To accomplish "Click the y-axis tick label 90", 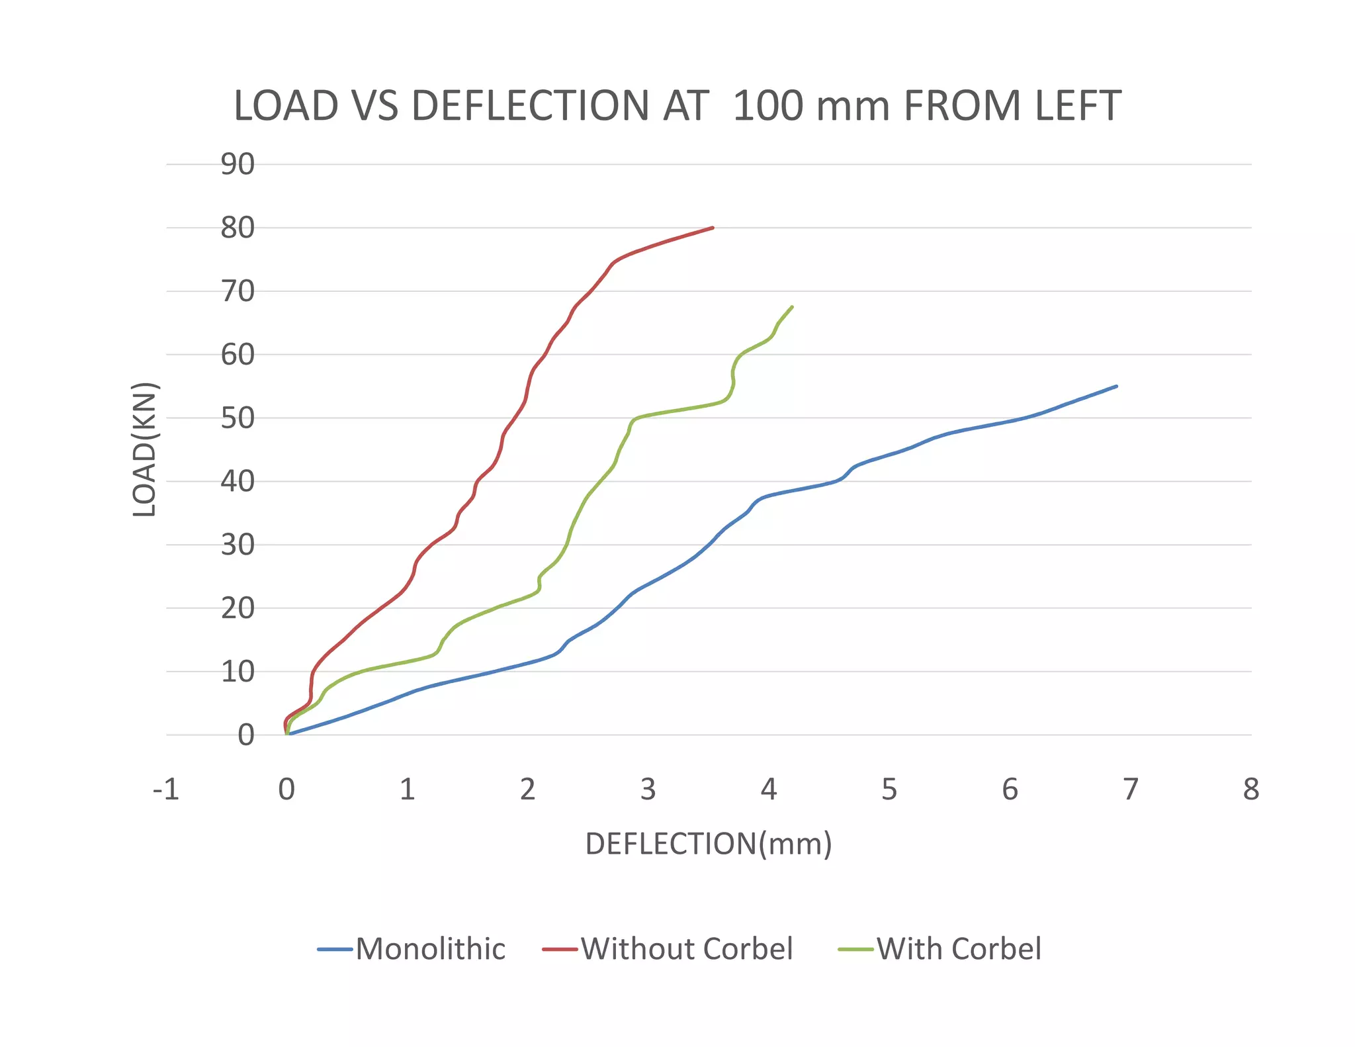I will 238,164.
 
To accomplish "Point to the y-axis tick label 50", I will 238,418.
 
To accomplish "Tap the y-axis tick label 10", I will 238,672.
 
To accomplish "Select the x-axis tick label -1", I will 166,790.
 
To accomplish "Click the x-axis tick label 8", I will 1250,790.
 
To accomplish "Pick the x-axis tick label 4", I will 768,790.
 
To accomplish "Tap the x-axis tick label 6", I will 1010,790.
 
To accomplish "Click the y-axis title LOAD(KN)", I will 144,450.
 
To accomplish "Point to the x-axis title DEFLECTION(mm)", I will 709,844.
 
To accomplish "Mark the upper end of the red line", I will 713,228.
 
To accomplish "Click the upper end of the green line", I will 792,307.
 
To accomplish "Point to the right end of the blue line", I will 1116,387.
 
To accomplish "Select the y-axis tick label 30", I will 238,545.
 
